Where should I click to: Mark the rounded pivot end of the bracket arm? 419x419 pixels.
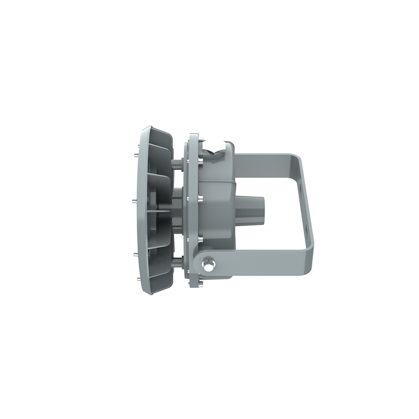click(x=200, y=264)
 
